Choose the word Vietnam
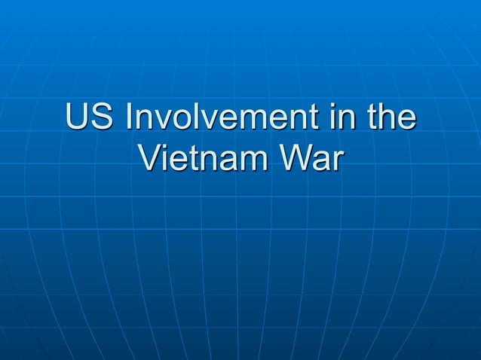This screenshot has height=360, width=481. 204,159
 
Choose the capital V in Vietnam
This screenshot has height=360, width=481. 151,159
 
